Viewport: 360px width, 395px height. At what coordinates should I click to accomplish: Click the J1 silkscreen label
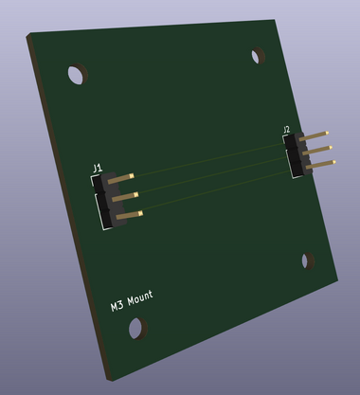coord(98,168)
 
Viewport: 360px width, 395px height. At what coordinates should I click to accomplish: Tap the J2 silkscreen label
coord(286,129)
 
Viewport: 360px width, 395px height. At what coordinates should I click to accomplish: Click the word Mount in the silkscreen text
coord(140,298)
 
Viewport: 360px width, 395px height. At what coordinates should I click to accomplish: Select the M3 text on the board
coord(117,306)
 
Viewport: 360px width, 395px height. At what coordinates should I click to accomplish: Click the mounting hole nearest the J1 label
coord(78,74)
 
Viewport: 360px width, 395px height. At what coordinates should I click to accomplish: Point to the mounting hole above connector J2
coord(258,56)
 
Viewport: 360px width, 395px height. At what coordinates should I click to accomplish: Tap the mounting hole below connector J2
coord(308,261)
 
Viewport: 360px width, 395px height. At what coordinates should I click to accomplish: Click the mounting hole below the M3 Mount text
coord(138,329)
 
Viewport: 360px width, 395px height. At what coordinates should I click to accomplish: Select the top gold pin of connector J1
coord(121,178)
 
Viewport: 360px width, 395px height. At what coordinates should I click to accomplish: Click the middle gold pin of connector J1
coord(125,197)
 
